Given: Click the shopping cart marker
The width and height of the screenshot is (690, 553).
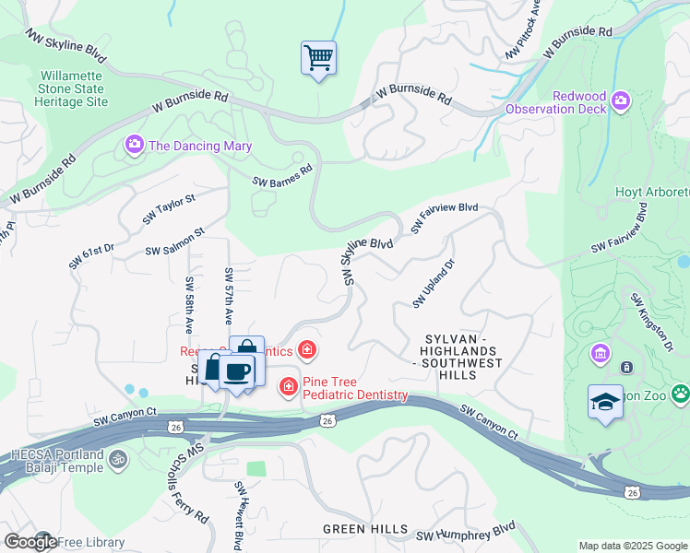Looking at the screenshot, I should click(318, 59).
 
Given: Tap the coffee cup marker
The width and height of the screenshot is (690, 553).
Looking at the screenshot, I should click(237, 371).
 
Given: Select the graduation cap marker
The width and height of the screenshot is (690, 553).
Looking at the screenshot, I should click(605, 402).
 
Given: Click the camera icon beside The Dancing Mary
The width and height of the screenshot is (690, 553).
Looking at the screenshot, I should click(135, 146).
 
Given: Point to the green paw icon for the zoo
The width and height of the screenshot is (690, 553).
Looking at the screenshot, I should click(680, 394).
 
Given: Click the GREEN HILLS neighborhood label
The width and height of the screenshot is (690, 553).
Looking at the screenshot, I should click(365, 529).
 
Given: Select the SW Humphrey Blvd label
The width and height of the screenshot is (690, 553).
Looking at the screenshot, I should click(465, 532).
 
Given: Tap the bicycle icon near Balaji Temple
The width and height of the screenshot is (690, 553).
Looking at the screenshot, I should click(116, 458).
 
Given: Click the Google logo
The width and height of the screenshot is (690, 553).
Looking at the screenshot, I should click(30, 542).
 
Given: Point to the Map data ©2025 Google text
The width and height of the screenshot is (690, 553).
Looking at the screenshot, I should click(634, 546).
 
